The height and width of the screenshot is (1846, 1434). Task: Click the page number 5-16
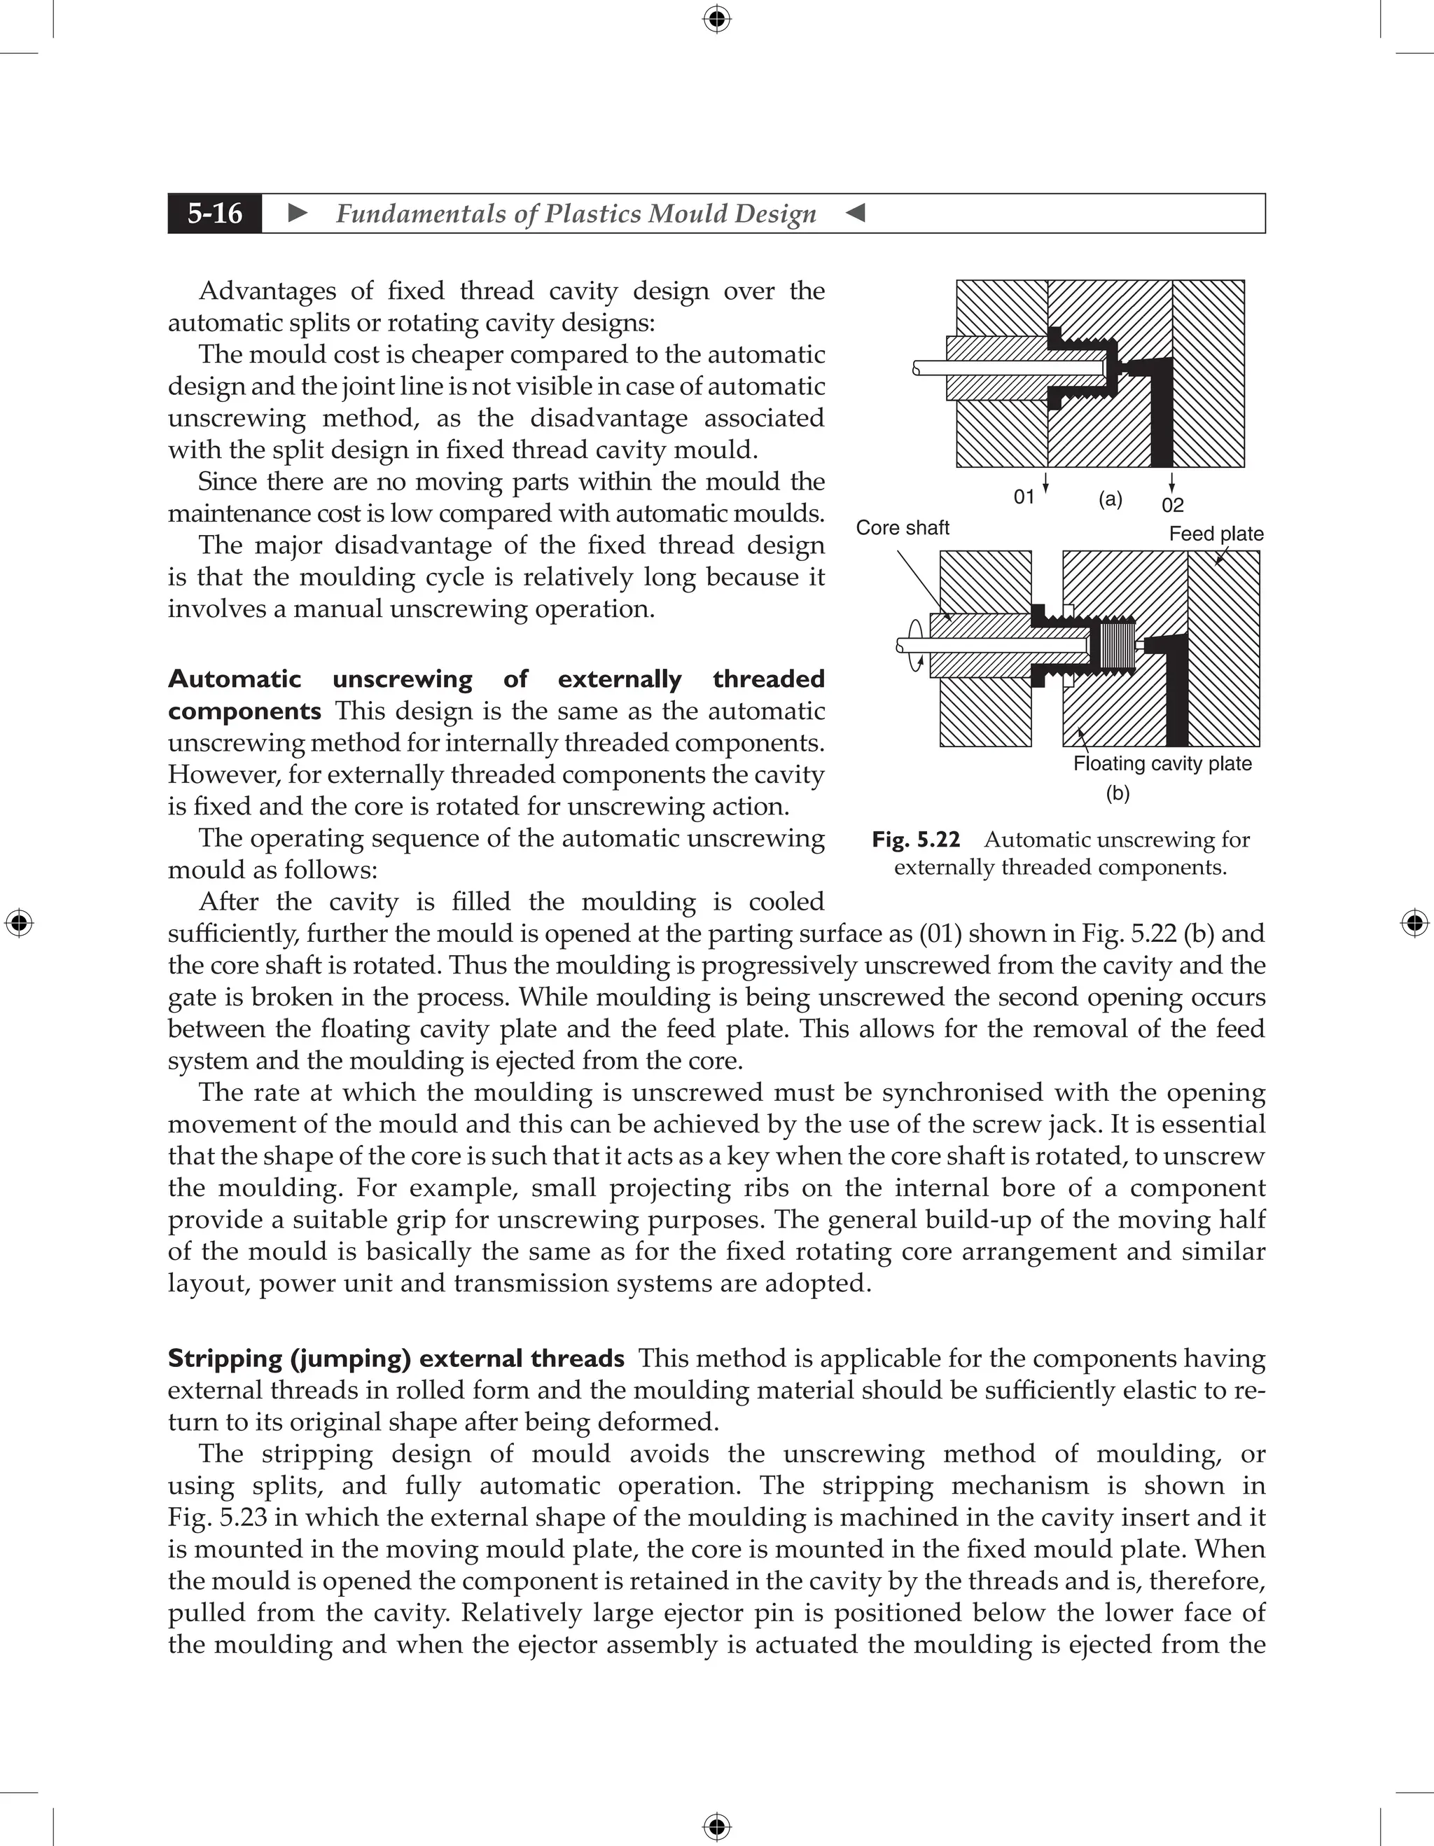pyautogui.click(x=215, y=213)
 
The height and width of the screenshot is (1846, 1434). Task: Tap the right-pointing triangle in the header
pyautogui.click(x=298, y=213)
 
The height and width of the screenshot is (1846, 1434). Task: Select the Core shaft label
pyautogui.click(x=902, y=528)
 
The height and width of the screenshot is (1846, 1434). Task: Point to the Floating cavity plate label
pyautogui.click(x=1162, y=764)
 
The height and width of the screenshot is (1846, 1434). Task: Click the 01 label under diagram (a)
pyautogui.click(x=1024, y=497)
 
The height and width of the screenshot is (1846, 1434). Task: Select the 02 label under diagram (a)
pyautogui.click(x=1172, y=506)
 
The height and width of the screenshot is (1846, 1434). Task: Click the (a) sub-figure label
pyautogui.click(x=1111, y=499)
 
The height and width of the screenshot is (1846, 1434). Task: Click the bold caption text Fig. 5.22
pyautogui.click(x=916, y=840)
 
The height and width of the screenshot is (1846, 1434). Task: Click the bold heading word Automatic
pyautogui.click(x=234, y=679)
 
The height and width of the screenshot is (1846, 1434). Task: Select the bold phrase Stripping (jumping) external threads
pyautogui.click(x=396, y=1359)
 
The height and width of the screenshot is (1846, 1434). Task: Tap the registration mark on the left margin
pyautogui.click(x=19, y=923)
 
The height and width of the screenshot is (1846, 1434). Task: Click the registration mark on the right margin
pyautogui.click(x=1414, y=923)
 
